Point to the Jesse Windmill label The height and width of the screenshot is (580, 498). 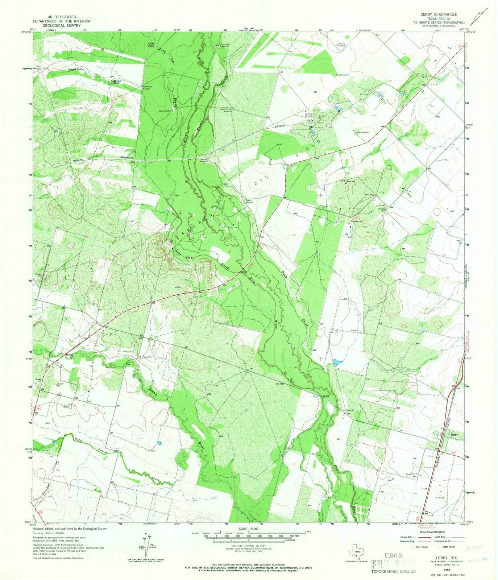click(x=164, y=111)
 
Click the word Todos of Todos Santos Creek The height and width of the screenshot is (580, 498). click(x=79, y=440)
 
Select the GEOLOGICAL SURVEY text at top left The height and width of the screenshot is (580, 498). click(x=61, y=26)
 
